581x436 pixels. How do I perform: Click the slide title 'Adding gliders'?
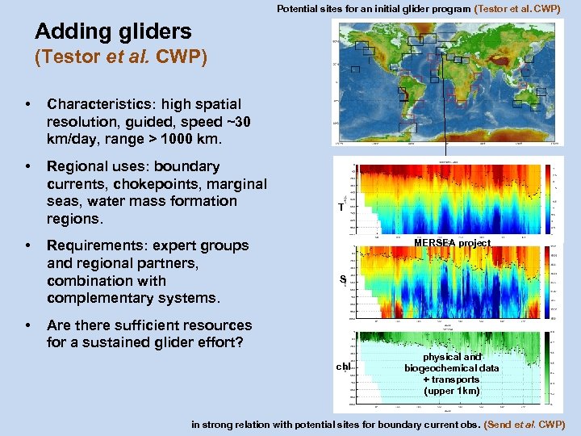(113, 31)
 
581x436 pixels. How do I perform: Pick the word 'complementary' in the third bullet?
(102, 298)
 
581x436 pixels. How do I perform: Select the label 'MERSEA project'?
(452, 243)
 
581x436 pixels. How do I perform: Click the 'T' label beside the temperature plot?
(341, 208)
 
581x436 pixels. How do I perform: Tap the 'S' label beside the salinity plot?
(343, 280)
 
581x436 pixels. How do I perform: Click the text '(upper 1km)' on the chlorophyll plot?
(452, 391)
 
